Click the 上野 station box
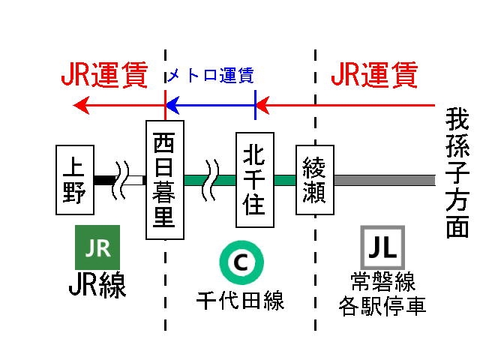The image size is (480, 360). point(74,180)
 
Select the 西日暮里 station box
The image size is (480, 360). point(164,180)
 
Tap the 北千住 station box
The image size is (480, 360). point(255,180)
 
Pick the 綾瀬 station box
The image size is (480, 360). point(314,180)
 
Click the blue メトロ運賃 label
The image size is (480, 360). point(210,76)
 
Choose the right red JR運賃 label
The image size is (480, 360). point(373,76)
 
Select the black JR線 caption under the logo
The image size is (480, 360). point(97,286)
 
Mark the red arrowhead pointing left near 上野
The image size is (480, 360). point(81,106)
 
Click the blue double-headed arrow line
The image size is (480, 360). point(210,106)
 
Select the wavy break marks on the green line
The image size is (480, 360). point(211,180)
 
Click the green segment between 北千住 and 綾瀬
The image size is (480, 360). point(285,180)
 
